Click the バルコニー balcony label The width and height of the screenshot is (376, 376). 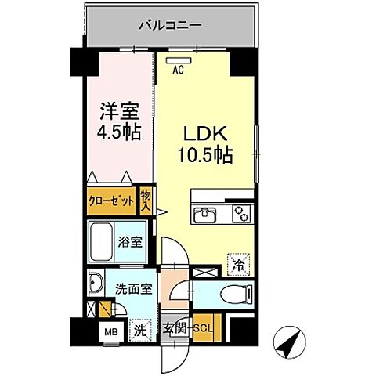170,25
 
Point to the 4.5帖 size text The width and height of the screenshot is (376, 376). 119,132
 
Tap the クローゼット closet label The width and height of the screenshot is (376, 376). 111,201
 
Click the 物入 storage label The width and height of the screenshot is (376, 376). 146,201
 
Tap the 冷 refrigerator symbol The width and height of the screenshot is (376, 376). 238,265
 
